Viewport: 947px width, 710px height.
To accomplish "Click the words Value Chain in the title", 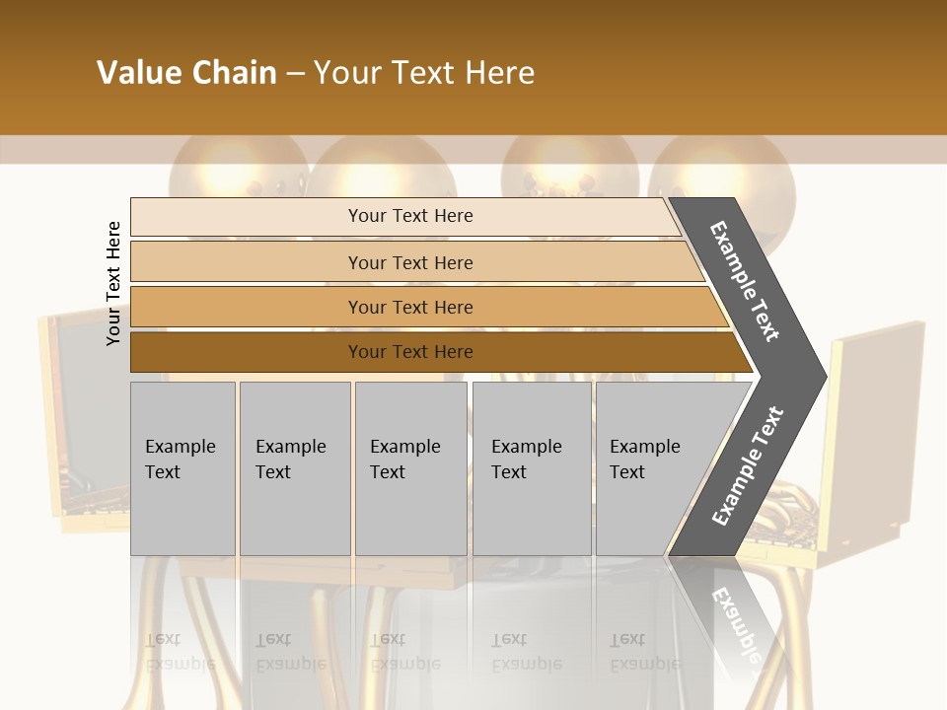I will tap(186, 73).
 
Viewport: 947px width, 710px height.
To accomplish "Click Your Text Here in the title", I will tap(424, 73).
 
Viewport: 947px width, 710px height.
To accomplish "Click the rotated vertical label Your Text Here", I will tap(113, 283).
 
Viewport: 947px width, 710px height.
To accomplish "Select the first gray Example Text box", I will tap(182, 468).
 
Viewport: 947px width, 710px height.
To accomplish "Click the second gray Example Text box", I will tap(295, 468).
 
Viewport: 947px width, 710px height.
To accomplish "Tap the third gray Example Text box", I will tap(410, 468).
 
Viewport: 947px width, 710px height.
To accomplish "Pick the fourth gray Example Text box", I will tap(532, 468).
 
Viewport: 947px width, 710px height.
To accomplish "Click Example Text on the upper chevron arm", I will tap(745, 281).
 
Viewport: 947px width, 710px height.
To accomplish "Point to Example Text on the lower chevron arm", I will tap(747, 466).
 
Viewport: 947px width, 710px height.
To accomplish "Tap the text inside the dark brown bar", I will tap(410, 352).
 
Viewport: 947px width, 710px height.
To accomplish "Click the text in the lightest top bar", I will tap(410, 216).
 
